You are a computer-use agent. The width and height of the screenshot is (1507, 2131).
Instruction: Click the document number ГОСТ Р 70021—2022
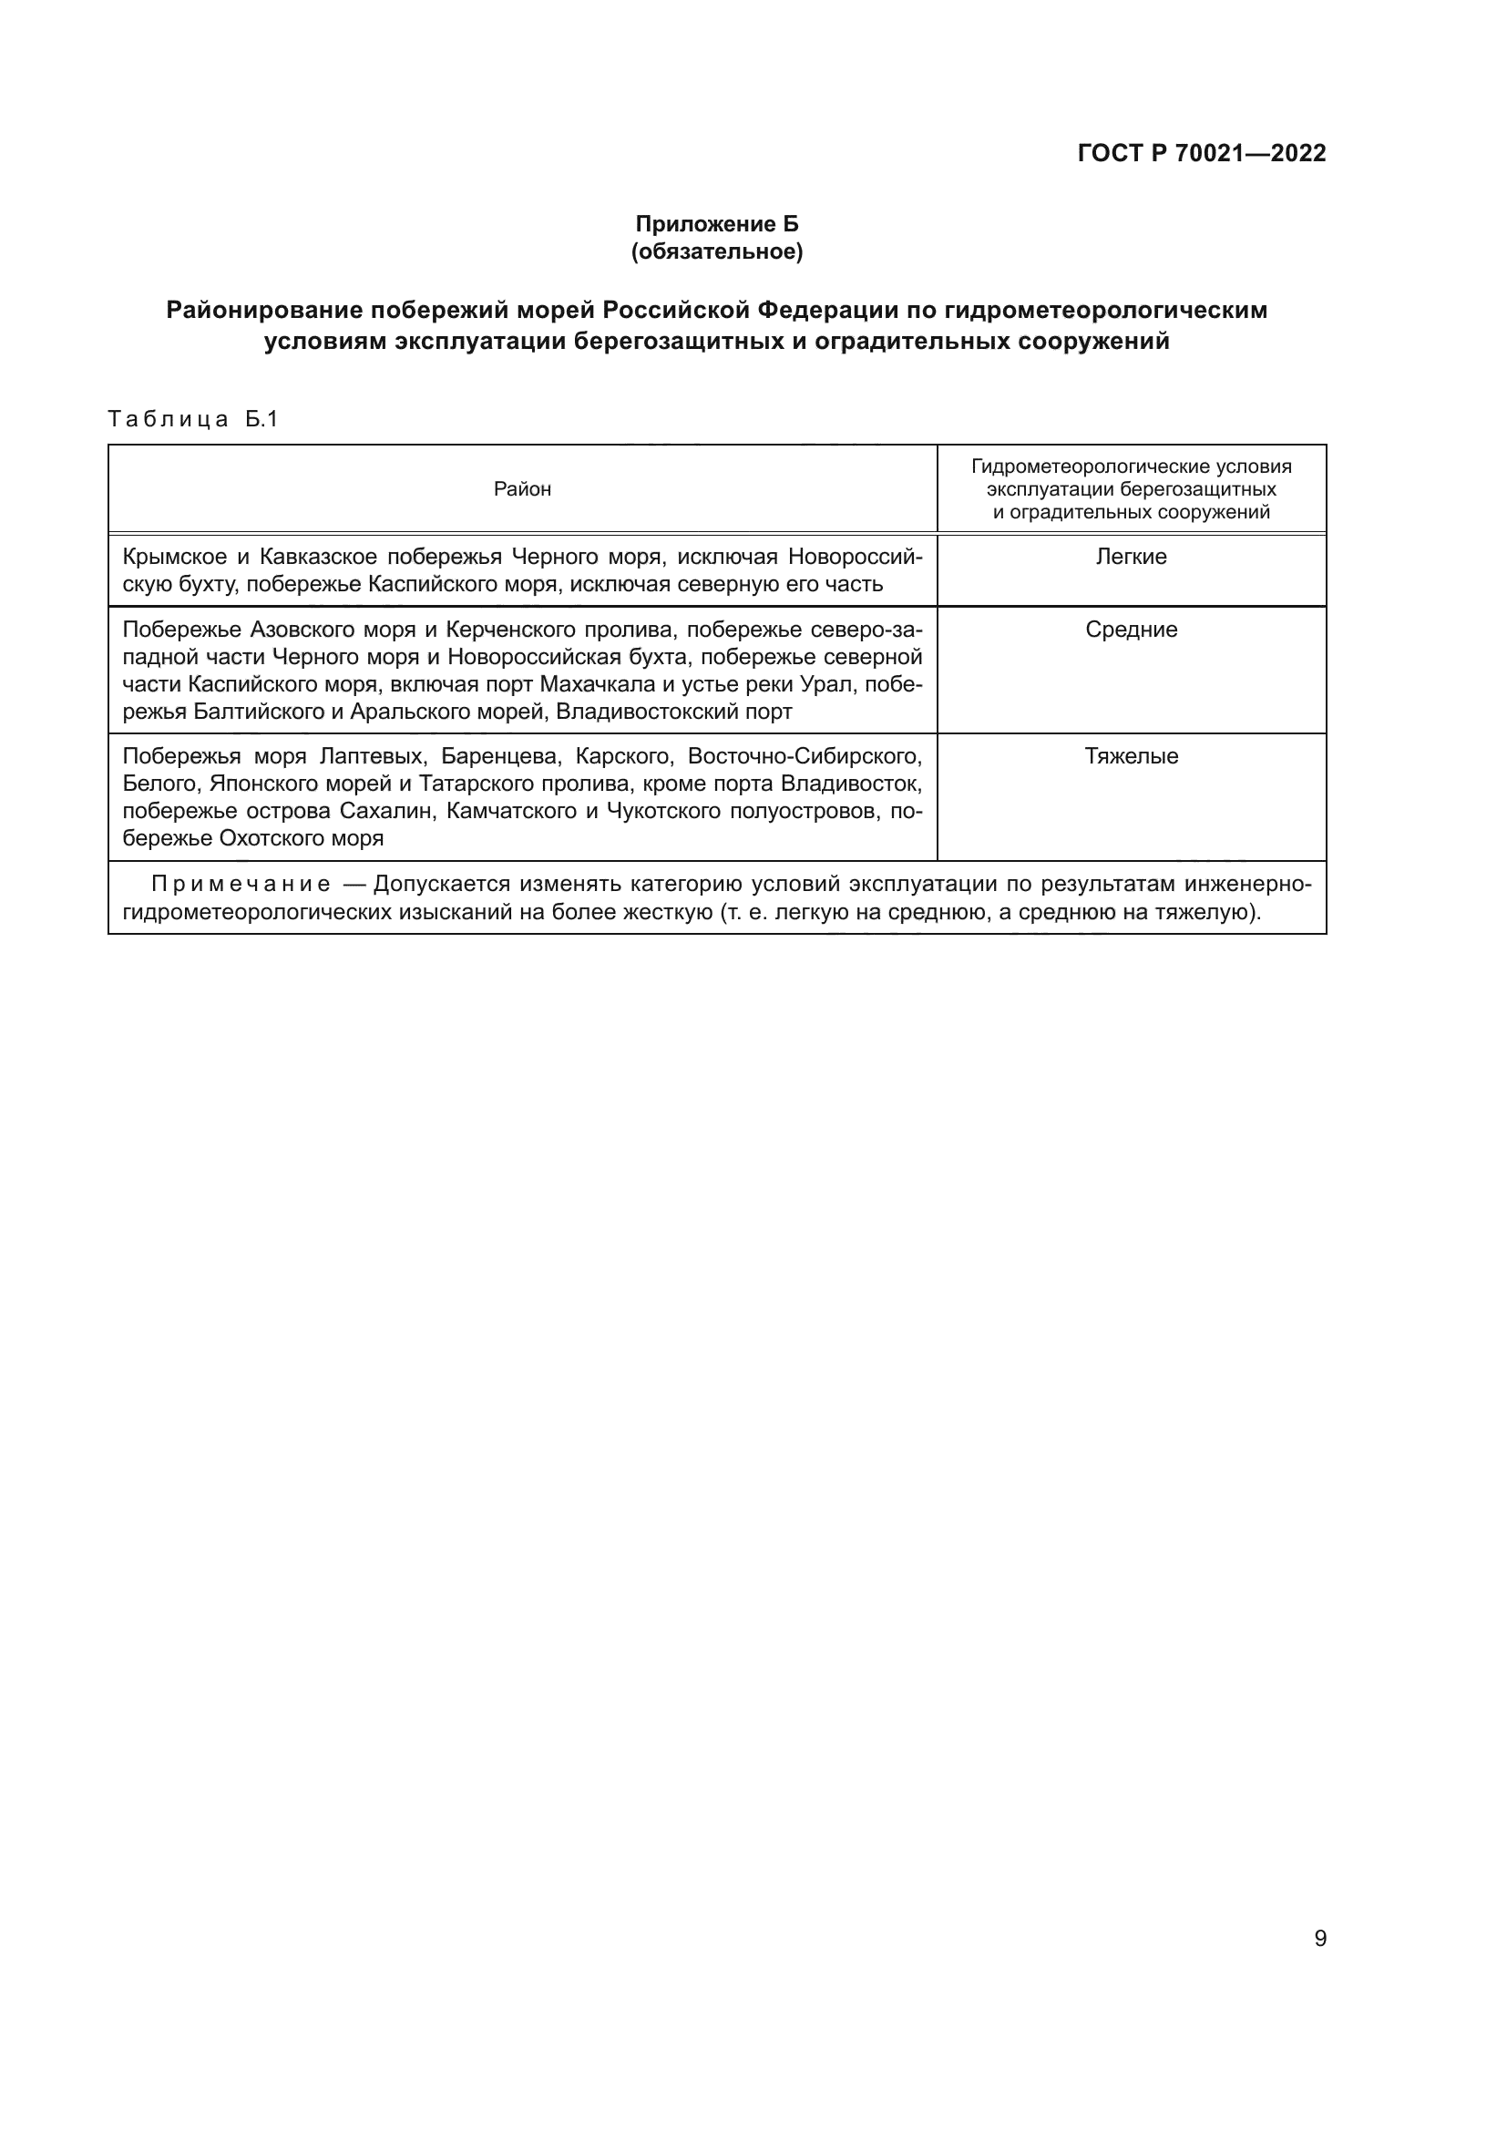pyautogui.click(x=1202, y=153)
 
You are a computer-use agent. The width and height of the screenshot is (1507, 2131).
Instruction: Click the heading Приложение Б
pyautogui.click(x=716, y=224)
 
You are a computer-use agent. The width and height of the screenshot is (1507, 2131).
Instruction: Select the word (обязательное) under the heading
pyautogui.click(x=716, y=251)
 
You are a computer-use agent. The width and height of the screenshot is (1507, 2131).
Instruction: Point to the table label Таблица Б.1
pyautogui.click(x=193, y=419)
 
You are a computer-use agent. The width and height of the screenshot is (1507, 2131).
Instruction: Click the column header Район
pyautogui.click(x=522, y=489)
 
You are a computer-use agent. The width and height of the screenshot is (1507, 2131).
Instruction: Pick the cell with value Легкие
pyautogui.click(x=1132, y=557)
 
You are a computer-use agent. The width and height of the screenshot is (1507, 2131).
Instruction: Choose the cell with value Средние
pyautogui.click(x=1132, y=630)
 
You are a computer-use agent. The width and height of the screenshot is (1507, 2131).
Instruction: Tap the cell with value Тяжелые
pyautogui.click(x=1132, y=756)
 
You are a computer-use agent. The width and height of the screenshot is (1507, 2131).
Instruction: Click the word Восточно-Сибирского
pyautogui.click(x=805, y=756)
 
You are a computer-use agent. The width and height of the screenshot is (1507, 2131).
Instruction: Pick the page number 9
pyautogui.click(x=1320, y=1939)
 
